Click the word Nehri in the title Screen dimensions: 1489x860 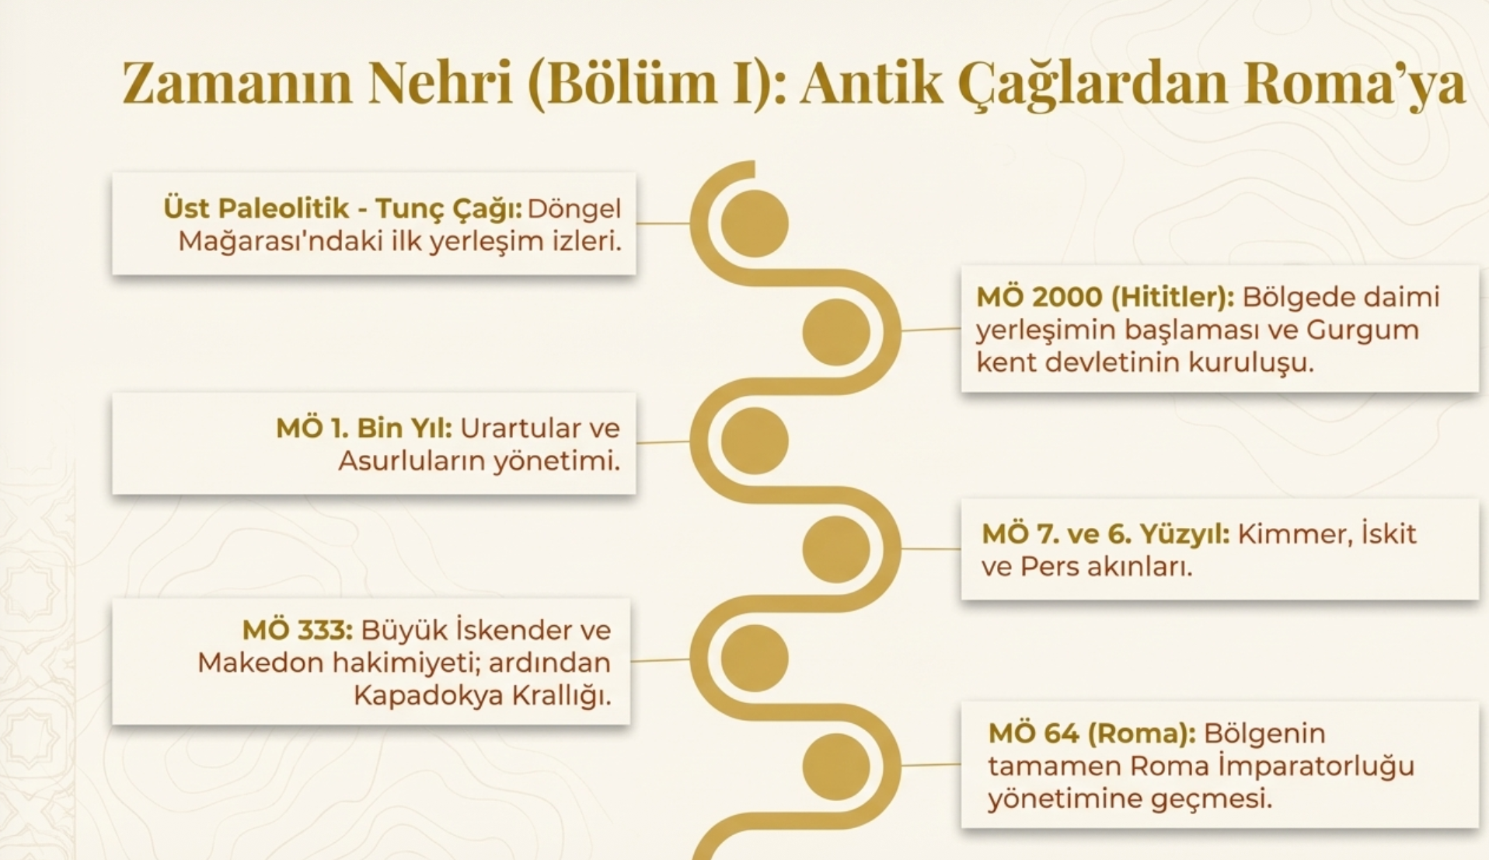click(440, 82)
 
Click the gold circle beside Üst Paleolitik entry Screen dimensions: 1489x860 click(755, 223)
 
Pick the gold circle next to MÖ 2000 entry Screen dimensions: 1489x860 click(836, 332)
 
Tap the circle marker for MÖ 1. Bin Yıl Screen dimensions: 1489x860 click(755, 441)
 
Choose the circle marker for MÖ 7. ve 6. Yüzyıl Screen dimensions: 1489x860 click(836, 550)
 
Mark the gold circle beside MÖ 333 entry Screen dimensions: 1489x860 click(755, 658)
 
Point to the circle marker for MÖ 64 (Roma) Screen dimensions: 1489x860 click(836, 767)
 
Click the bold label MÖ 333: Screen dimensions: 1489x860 click(298, 630)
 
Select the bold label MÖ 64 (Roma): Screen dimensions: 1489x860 click(1092, 733)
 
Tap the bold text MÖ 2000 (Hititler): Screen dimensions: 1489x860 click(1105, 297)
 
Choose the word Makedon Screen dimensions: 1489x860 click(261, 663)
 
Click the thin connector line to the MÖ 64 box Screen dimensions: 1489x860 click(931, 765)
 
